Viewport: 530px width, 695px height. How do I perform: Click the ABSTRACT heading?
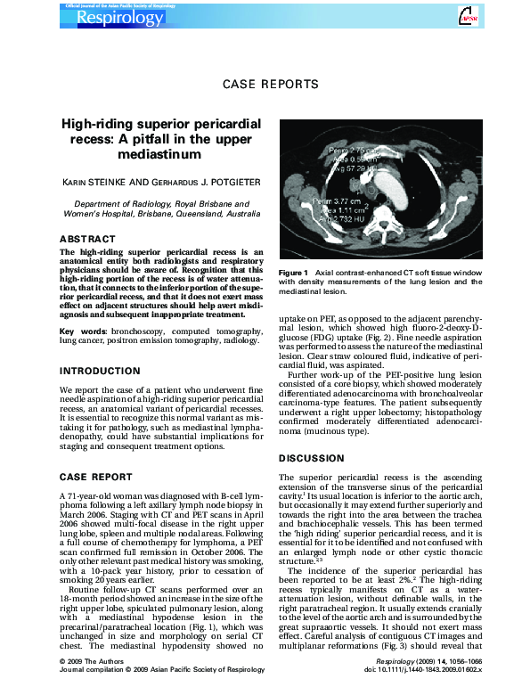pyautogui.click(x=87, y=239)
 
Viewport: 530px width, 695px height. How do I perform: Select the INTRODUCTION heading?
pyautogui.click(x=102, y=370)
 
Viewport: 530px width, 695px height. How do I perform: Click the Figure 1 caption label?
pyautogui.click(x=293, y=272)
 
